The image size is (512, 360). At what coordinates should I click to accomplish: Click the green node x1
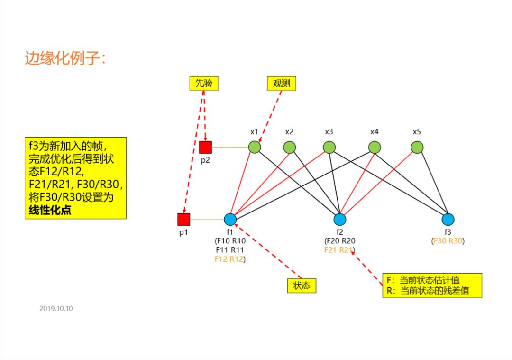pyautogui.click(x=255, y=147)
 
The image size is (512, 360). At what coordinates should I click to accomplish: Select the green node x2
pyautogui.click(x=289, y=147)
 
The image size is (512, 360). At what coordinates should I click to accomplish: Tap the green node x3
pyautogui.click(x=329, y=147)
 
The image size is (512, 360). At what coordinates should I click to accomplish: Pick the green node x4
pyautogui.click(x=375, y=147)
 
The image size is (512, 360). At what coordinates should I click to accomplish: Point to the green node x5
pyautogui.click(x=417, y=147)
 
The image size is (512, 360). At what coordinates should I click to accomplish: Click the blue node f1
pyautogui.click(x=230, y=219)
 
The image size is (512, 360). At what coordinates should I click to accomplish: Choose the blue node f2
pyautogui.click(x=339, y=219)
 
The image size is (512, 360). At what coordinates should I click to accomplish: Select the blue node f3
pyautogui.click(x=448, y=219)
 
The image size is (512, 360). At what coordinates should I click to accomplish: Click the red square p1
pyautogui.click(x=183, y=219)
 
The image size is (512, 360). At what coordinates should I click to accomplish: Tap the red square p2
pyautogui.click(x=205, y=147)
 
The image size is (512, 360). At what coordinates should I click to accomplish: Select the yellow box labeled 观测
pyautogui.click(x=281, y=83)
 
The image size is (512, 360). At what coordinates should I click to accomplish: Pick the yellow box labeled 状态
pyautogui.click(x=302, y=286)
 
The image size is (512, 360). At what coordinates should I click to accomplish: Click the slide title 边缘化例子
pyautogui.click(x=66, y=59)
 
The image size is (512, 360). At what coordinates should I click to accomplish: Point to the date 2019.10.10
pyautogui.click(x=56, y=308)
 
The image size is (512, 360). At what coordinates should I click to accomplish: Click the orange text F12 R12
pyautogui.click(x=229, y=259)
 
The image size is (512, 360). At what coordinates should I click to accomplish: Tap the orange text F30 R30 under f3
pyautogui.click(x=448, y=241)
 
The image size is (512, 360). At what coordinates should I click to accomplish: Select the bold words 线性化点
pyautogui.click(x=48, y=210)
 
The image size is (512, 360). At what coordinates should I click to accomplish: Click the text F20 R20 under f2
pyautogui.click(x=339, y=241)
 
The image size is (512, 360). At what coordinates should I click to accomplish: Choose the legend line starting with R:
pyautogui.click(x=428, y=291)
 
